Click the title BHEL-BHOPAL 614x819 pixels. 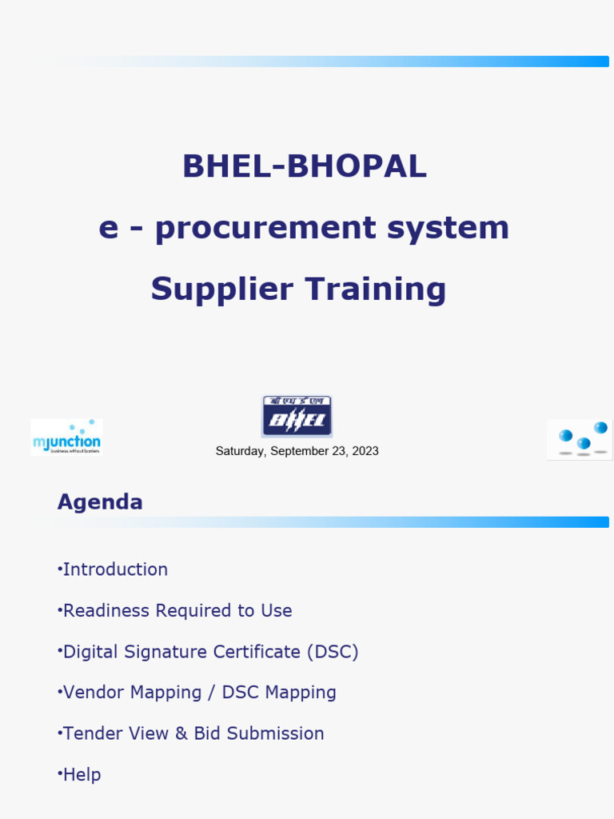point(305,166)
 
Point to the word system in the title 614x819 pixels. point(448,228)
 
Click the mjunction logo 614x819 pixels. point(66,437)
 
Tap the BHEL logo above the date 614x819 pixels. point(297,416)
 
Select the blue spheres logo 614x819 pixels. point(580,439)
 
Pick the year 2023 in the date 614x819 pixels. point(365,451)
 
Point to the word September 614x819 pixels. point(298,451)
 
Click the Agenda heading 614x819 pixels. point(100,502)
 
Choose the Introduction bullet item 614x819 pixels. point(115,569)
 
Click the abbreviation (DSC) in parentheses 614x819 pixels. point(332,652)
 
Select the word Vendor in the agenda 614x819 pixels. point(91,693)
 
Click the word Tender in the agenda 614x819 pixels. point(90,733)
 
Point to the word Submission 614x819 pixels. point(277,733)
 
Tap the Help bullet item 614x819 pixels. point(82,774)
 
